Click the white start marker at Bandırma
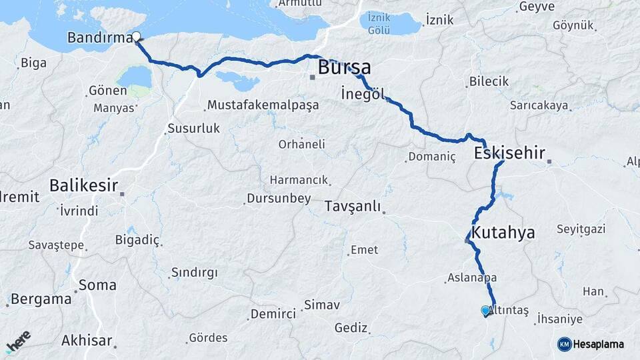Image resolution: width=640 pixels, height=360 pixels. point(136,37)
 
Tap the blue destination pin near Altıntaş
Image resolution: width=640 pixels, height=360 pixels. point(485,310)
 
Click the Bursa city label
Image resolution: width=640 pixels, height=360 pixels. point(344,67)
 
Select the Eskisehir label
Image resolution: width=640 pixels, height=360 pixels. point(509,153)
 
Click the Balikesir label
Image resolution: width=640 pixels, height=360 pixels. point(84,185)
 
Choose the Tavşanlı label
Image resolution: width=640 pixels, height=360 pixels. point(353,206)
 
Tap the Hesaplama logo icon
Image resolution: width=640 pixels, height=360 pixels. point(564,344)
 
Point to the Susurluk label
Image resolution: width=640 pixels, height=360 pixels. point(193,128)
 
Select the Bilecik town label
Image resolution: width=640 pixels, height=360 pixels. point(489,81)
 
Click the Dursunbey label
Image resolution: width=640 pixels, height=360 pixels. point(279,198)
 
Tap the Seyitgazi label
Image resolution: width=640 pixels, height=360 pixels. point(583,229)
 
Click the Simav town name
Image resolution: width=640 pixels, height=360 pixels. point(322,305)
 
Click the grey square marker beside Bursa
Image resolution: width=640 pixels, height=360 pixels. point(312,77)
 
